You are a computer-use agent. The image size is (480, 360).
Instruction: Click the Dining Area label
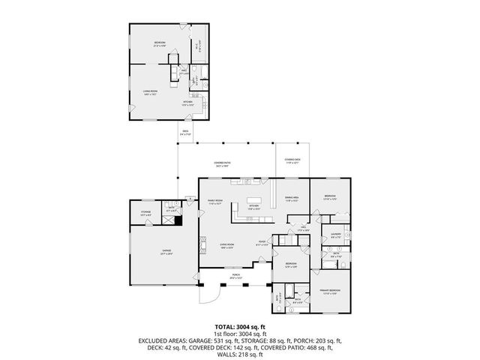(x=292, y=199)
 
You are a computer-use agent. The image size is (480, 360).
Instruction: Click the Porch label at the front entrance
(x=236, y=276)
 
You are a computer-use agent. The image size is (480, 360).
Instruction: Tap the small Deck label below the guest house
(x=184, y=133)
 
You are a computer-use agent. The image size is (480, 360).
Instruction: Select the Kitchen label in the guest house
(x=189, y=103)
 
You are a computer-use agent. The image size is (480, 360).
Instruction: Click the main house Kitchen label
(x=253, y=207)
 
